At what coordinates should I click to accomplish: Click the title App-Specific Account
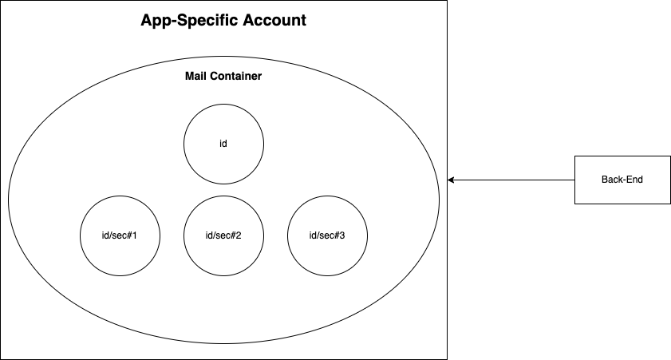[x=223, y=20]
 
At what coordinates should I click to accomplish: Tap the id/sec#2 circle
[x=223, y=216]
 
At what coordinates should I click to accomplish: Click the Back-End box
[x=622, y=180]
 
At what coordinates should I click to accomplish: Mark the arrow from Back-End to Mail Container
[x=511, y=180]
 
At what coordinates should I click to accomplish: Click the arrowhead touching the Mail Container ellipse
[x=452, y=180]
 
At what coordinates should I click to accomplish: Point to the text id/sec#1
[x=120, y=235]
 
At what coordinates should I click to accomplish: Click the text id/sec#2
[x=223, y=235]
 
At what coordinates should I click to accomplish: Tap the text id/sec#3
[x=327, y=235]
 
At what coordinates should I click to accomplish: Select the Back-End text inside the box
[x=622, y=180]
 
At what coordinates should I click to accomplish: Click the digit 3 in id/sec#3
[x=342, y=235]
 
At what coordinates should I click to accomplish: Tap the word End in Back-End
[x=634, y=180]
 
